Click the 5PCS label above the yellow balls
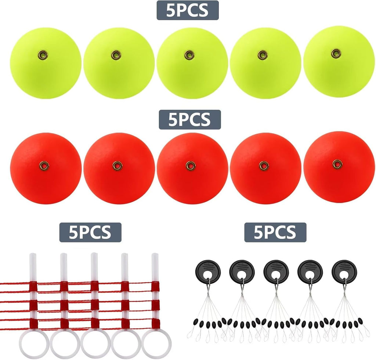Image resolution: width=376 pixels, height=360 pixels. click(x=188, y=10)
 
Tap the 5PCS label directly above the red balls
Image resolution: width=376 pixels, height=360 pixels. click(x=190, y=119)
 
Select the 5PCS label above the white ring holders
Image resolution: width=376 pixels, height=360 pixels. click(x=90, y=232)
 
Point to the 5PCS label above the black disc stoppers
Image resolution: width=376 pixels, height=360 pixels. click(x=275, y=232)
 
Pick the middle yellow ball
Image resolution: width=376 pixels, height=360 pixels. click(x=192, y=62)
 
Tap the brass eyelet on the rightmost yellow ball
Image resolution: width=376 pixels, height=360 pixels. click(x=335, y=54)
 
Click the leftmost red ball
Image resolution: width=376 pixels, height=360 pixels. click(x=46, y=169)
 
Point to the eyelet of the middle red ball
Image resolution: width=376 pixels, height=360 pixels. click(x=191, y=165)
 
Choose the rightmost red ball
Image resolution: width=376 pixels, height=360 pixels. click(x=339, y=167)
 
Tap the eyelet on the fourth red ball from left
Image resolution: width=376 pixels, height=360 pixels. click(x=264, y=165)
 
